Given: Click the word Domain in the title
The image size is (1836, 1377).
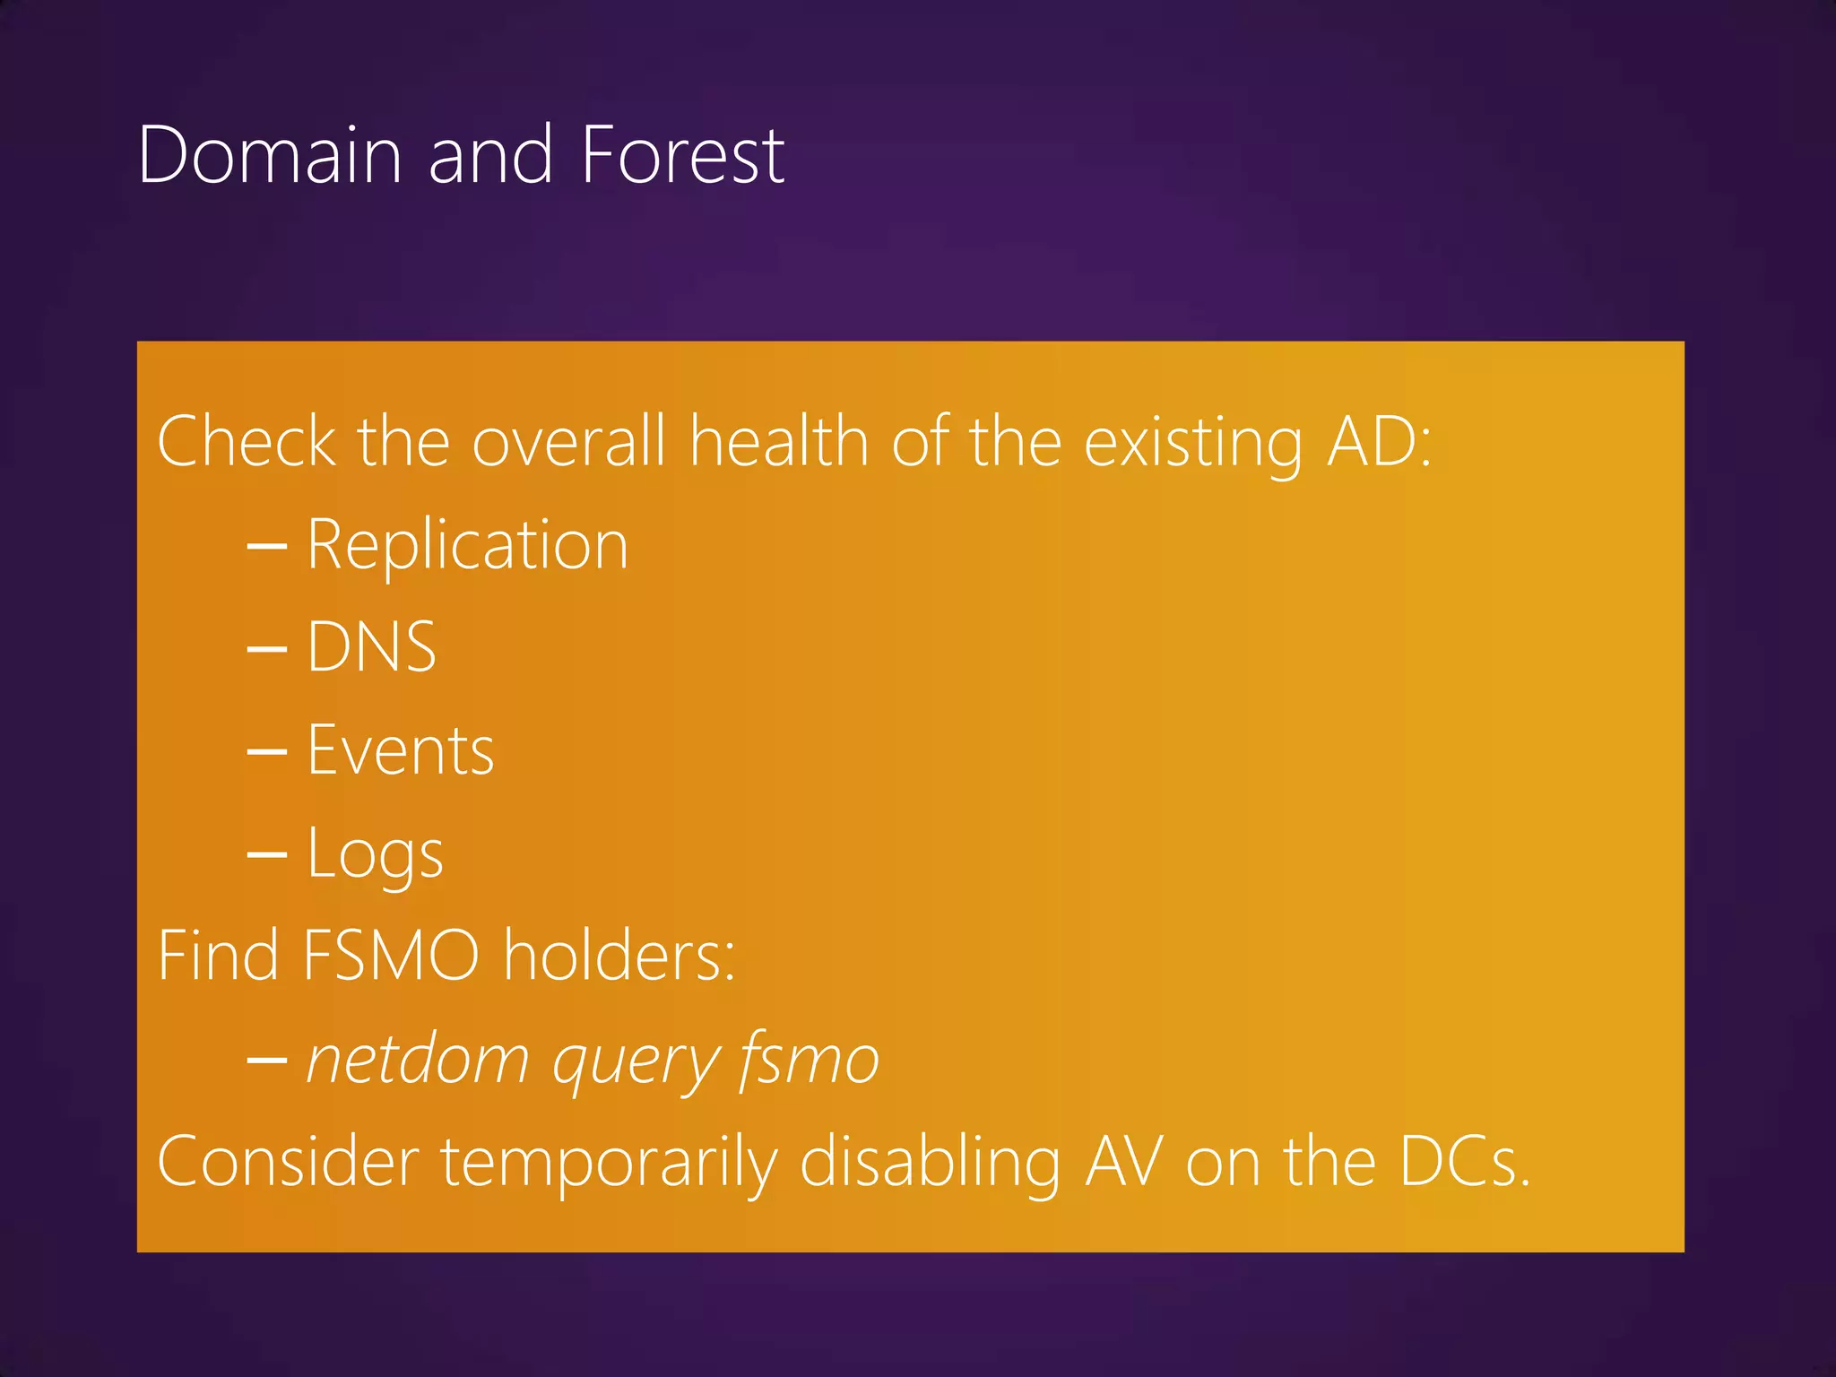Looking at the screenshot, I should click(270, 156).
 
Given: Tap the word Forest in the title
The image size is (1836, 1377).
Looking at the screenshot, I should click(682, 156).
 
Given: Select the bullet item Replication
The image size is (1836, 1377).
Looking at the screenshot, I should click(467, 545).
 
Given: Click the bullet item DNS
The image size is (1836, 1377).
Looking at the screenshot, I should click(371, 647).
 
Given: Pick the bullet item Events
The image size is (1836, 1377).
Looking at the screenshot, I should click(400, 750).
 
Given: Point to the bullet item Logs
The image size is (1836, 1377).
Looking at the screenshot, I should click(375, 853).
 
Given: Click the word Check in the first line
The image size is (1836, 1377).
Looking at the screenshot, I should click(247, 442).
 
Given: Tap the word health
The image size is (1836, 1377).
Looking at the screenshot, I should click(779, 442).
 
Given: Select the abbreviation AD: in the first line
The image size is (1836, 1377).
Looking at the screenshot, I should click(1379, 442).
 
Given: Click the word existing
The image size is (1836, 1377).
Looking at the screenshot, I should click(1193, 444).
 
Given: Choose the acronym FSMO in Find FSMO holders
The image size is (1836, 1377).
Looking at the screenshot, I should click(390, 957).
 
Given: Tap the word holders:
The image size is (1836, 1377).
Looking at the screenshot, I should click(619, 957).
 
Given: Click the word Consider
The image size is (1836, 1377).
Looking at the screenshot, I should click(288, 1162).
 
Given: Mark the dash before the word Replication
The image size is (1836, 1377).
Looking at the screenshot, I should click(266, 546).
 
